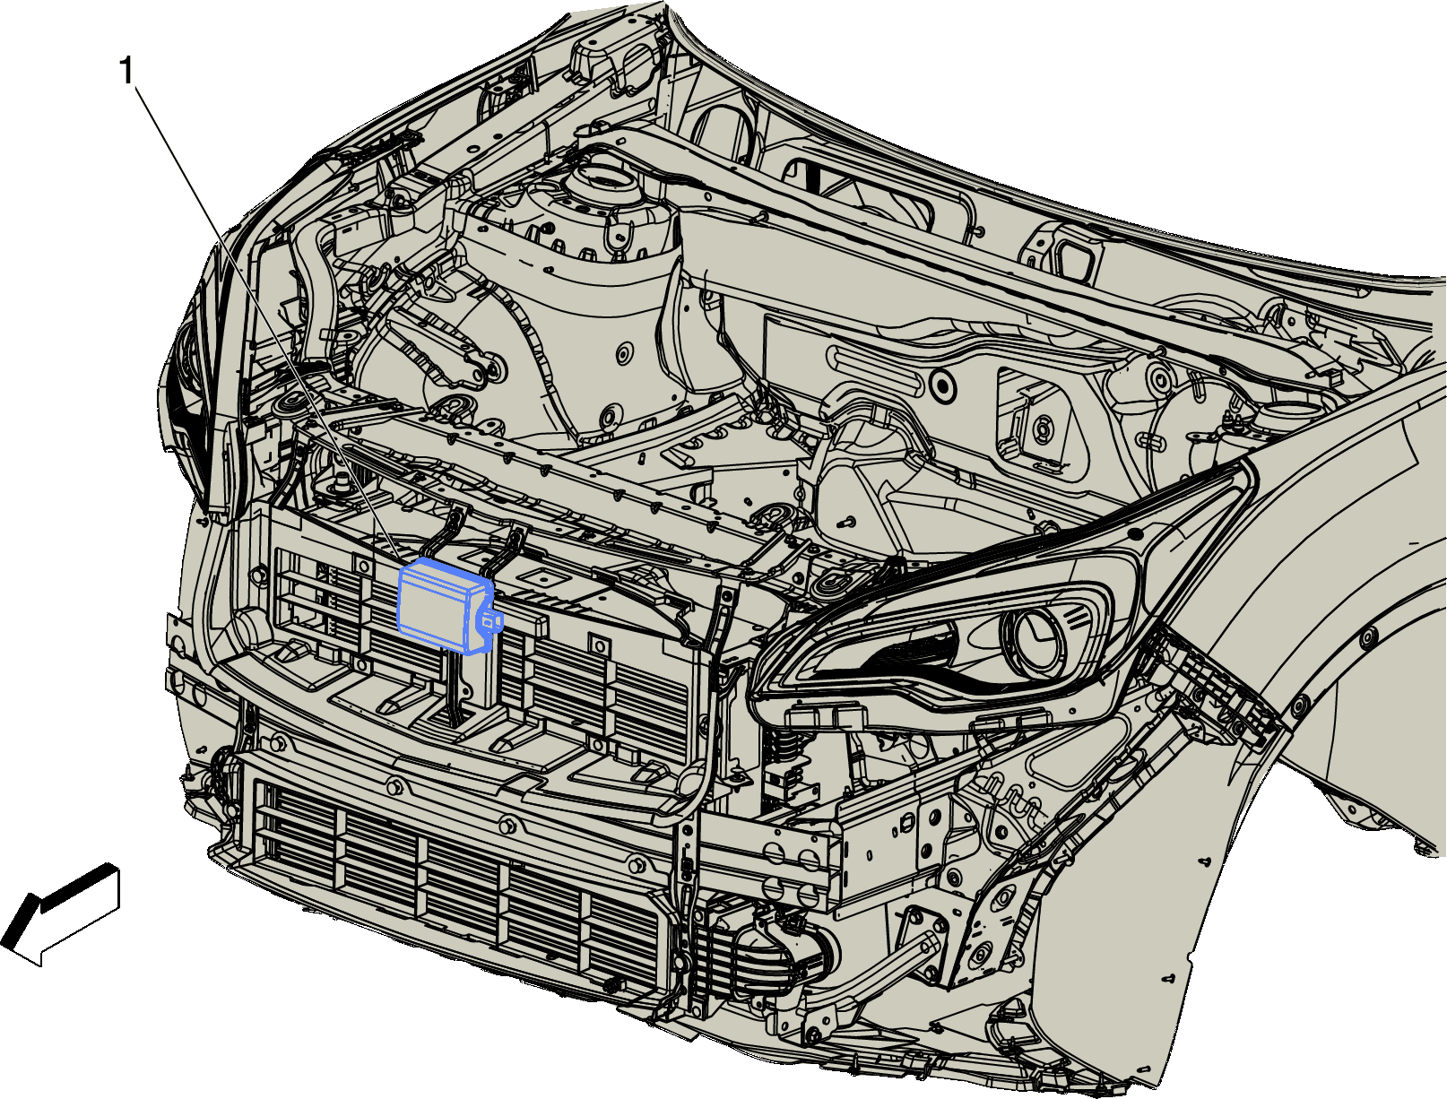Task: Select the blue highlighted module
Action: point(447,607)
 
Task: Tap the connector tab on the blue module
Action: point(490,619)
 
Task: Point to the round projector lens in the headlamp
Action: point(1033,635)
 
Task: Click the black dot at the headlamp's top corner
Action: point(1135,532)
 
